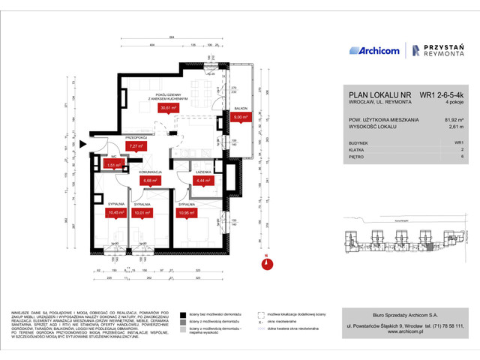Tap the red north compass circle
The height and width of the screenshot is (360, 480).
[266, 263]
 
